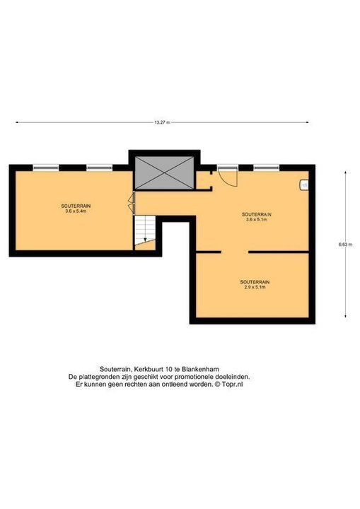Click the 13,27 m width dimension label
[x=162, y=122]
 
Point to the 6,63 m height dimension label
[x=345, y=245]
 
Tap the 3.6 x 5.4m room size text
[x=76, y=211]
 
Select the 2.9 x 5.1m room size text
[x=255, y=287]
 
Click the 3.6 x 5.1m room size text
[x=256, y=219]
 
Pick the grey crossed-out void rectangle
[x=164, y=172]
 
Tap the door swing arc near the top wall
[x=229, y=180]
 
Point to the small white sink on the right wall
[x=304, y=185]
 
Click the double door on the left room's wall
[x=132, y=204]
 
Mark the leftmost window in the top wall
[x=46, y=168]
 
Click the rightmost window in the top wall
[x=267, y=168]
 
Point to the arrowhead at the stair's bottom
[x=145, y=240]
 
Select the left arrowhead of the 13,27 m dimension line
[x=17, y=122]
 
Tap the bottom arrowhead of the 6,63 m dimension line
[x=345, y=316]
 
